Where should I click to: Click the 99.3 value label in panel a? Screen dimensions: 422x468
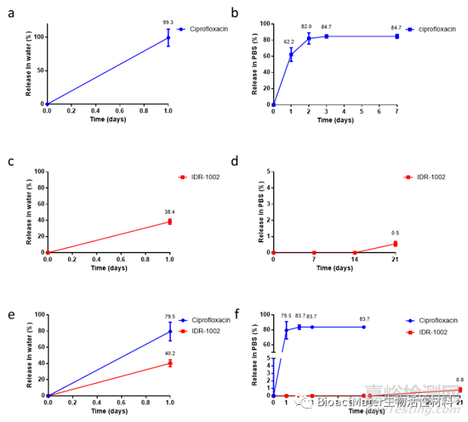pyautogui.click(x=169, y=22)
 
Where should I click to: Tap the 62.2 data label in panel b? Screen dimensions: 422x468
pyautogui.click(x=290, y=41)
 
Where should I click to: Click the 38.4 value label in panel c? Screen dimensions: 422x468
pyautogui.click(x=169, y=212)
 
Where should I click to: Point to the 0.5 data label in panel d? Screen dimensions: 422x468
pyautogui.click(x=396, y=233)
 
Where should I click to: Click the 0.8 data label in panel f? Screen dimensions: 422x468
pyautogui.click(x=460, y=380)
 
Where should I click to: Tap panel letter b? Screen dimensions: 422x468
pyautogui.click(x=235, y=12)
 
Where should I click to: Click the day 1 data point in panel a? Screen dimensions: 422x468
pyautogui.click(x=169, y=37)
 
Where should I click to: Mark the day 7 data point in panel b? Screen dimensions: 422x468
pyautogui.click(x=396, y=36)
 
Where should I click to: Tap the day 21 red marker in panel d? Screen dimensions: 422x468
pyautogui.click(x=396, y=244)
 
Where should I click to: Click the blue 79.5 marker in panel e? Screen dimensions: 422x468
pyautogui.click(x=169, y=332)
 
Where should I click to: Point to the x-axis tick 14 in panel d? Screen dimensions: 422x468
pyautogui.click(x=355, y=260)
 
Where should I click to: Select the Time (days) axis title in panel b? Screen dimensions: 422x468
pyautogui.click(x=335, y=120)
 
